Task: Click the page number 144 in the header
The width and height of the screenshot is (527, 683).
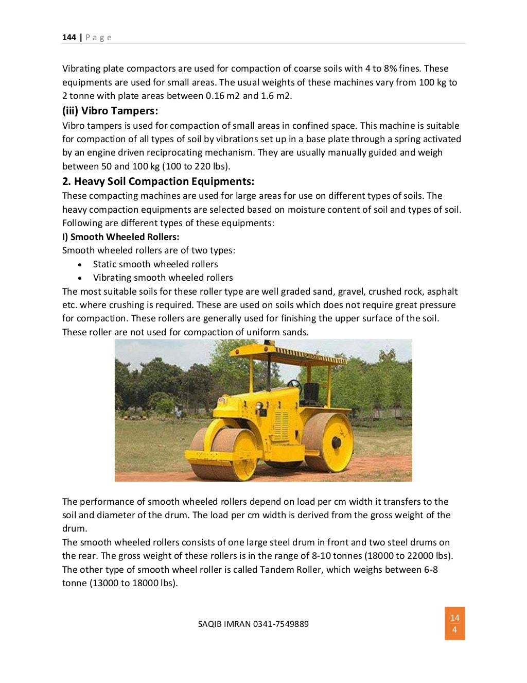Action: coord(69,37)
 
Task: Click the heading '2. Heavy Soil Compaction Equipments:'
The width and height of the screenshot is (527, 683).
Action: coord(159,181)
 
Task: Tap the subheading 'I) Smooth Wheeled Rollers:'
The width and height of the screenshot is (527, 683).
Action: coord(120,237)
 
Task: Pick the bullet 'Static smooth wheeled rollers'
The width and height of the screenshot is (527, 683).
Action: coord(155,264)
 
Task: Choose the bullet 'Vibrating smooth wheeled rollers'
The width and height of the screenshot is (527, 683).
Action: coord(163,278)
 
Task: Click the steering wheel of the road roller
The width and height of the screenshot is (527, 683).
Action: coord(294,384)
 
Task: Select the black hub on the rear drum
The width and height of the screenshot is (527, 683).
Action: coord(337,442)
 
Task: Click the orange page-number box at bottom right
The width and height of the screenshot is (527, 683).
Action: coord(455,624)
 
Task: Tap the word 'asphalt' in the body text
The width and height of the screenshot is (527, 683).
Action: coord(442,292)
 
